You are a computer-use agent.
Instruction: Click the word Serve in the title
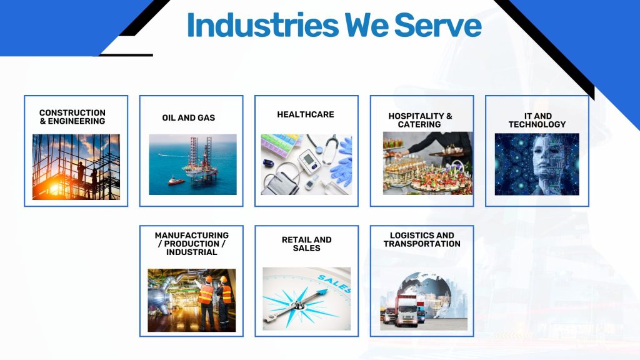point(438,25)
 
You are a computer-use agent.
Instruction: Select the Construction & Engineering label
point(72,117)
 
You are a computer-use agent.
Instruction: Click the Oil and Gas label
point(189,118)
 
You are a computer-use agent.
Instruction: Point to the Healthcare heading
point(305,115)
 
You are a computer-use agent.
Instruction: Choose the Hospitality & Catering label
point(420,121)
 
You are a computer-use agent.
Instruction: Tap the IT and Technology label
point(537,121)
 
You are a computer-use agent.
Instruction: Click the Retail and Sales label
point(306,244)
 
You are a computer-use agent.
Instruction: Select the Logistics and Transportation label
point(422,239)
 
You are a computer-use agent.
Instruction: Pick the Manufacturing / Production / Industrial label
point(191,244)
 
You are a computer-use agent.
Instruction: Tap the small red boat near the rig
point(176,181)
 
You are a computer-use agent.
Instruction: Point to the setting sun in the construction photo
point(54,188)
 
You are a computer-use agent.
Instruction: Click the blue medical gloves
point(342,163)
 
